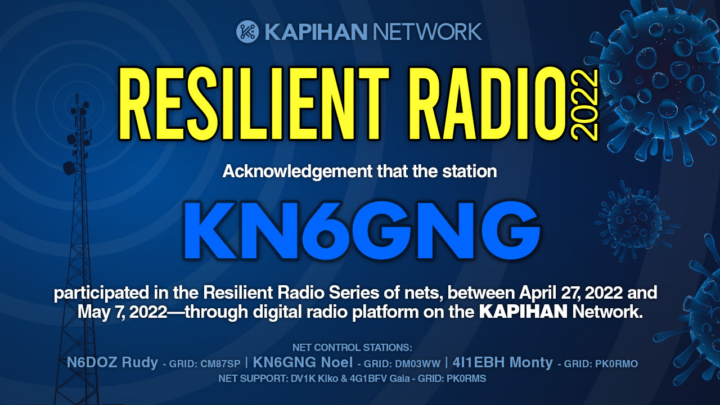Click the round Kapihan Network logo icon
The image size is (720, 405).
tap(247, 31)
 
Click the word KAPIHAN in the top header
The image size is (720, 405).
tap(316, 31)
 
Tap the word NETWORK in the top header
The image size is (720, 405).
tap(427, 31)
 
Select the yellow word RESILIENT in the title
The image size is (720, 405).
tap(254, 103)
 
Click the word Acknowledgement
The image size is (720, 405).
tap(298, 172)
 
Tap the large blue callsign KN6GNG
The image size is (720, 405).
tap(362, 230)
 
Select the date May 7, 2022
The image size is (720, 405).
tap(122, 312)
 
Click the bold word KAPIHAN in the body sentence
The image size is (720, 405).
tap(523, 312)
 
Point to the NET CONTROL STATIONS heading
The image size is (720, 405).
tap(352, 348)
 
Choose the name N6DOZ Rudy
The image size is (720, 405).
tap(112, 363)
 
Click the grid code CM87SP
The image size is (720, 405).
tap(220, 364)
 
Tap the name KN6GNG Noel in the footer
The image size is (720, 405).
tap(303, 363)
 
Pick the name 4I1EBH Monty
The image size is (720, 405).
tap(502, 363)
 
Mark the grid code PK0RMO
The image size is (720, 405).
tap(616, 364)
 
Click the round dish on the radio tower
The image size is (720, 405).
tap(69, 168)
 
